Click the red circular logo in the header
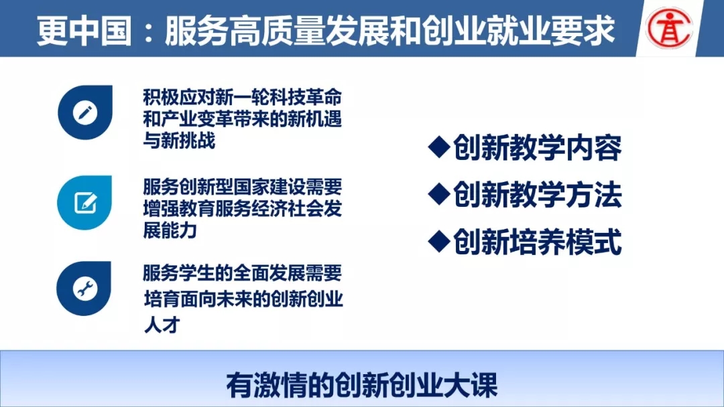669,27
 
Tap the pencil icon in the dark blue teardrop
85,112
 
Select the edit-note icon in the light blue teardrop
85,203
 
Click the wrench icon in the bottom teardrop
85,289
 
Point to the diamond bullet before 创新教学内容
439,147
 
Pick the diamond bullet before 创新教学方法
439,194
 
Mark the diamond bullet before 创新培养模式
439,241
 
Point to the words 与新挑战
179,141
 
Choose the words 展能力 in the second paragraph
170,230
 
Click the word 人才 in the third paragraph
162,325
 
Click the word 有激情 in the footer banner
266,385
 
